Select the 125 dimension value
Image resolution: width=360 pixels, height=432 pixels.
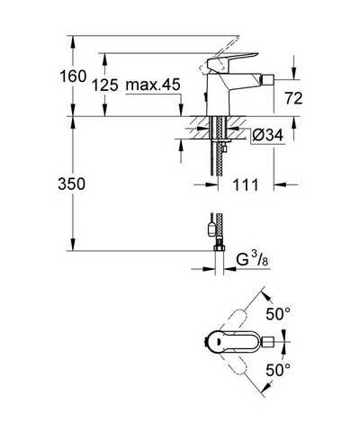(104, 85)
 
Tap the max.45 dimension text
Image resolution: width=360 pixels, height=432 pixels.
(153, 85)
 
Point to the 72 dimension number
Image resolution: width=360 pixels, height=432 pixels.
(293, 98)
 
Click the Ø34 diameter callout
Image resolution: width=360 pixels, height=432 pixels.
(268, 135)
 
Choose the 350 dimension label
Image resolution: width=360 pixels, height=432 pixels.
(71, 184)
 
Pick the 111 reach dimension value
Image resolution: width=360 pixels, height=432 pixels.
(246, 184)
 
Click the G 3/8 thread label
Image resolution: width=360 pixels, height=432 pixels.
(252, 259)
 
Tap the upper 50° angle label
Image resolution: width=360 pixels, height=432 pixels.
(278, 314)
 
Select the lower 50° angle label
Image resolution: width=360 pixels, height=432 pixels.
(278, 370)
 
